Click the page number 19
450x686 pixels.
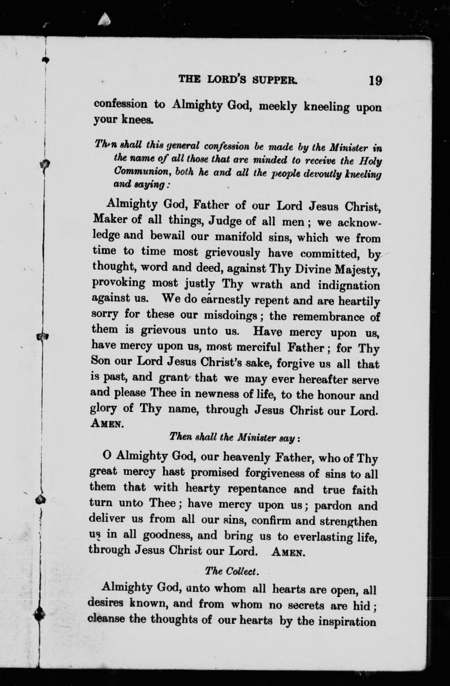click(375, 80)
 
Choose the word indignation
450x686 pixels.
click(349, 285)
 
